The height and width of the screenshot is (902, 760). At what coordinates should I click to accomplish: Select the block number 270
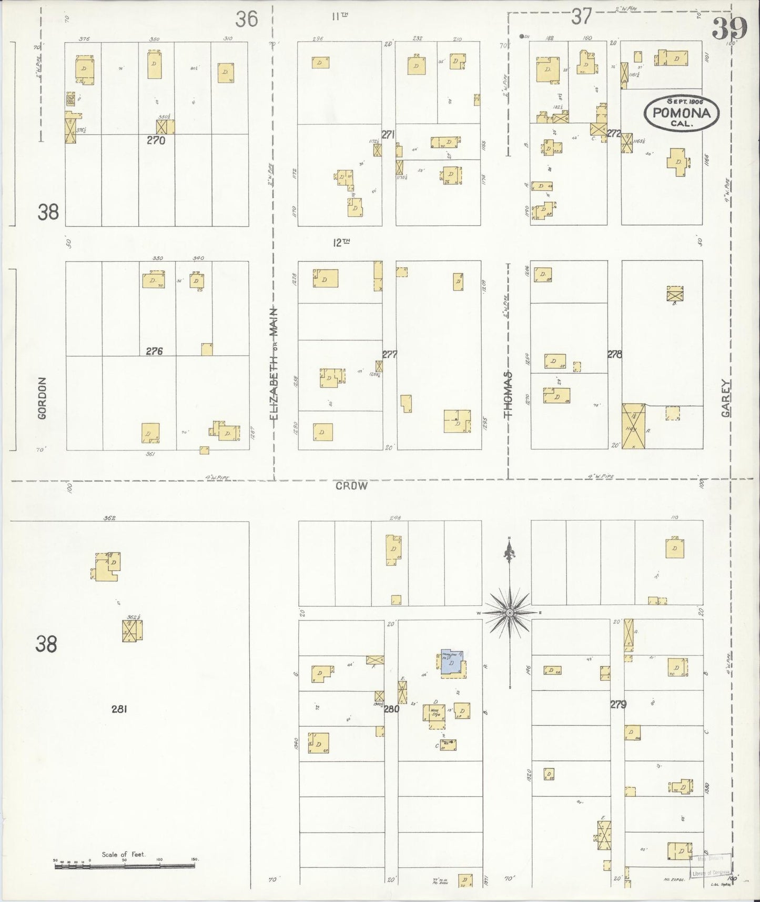click(x=156, y=141)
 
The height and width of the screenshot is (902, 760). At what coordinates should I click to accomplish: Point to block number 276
click(x=154, y=351)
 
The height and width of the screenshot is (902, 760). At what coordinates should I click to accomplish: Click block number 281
click(x=119, y=709)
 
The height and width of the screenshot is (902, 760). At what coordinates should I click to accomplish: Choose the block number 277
click(x=390, y=354)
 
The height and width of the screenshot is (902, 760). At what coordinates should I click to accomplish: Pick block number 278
click(x=614, y=354)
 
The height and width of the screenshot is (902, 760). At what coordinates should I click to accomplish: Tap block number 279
click(x=618, y=704)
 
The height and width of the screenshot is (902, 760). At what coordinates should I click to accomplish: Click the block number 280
click(x=392, y=709)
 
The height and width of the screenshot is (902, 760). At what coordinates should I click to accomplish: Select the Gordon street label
click(x=43, y=398)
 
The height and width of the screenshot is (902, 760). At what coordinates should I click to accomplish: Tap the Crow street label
click(x=351, y=486)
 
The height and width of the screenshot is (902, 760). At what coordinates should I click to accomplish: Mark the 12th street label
click(x=341, y=243)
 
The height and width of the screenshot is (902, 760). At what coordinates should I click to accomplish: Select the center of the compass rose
click(x=510, y=613)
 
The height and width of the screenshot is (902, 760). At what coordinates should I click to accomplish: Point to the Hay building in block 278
click(x=634, y=426)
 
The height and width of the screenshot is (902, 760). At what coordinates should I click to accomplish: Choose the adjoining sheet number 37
click(x=582, y=17)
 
